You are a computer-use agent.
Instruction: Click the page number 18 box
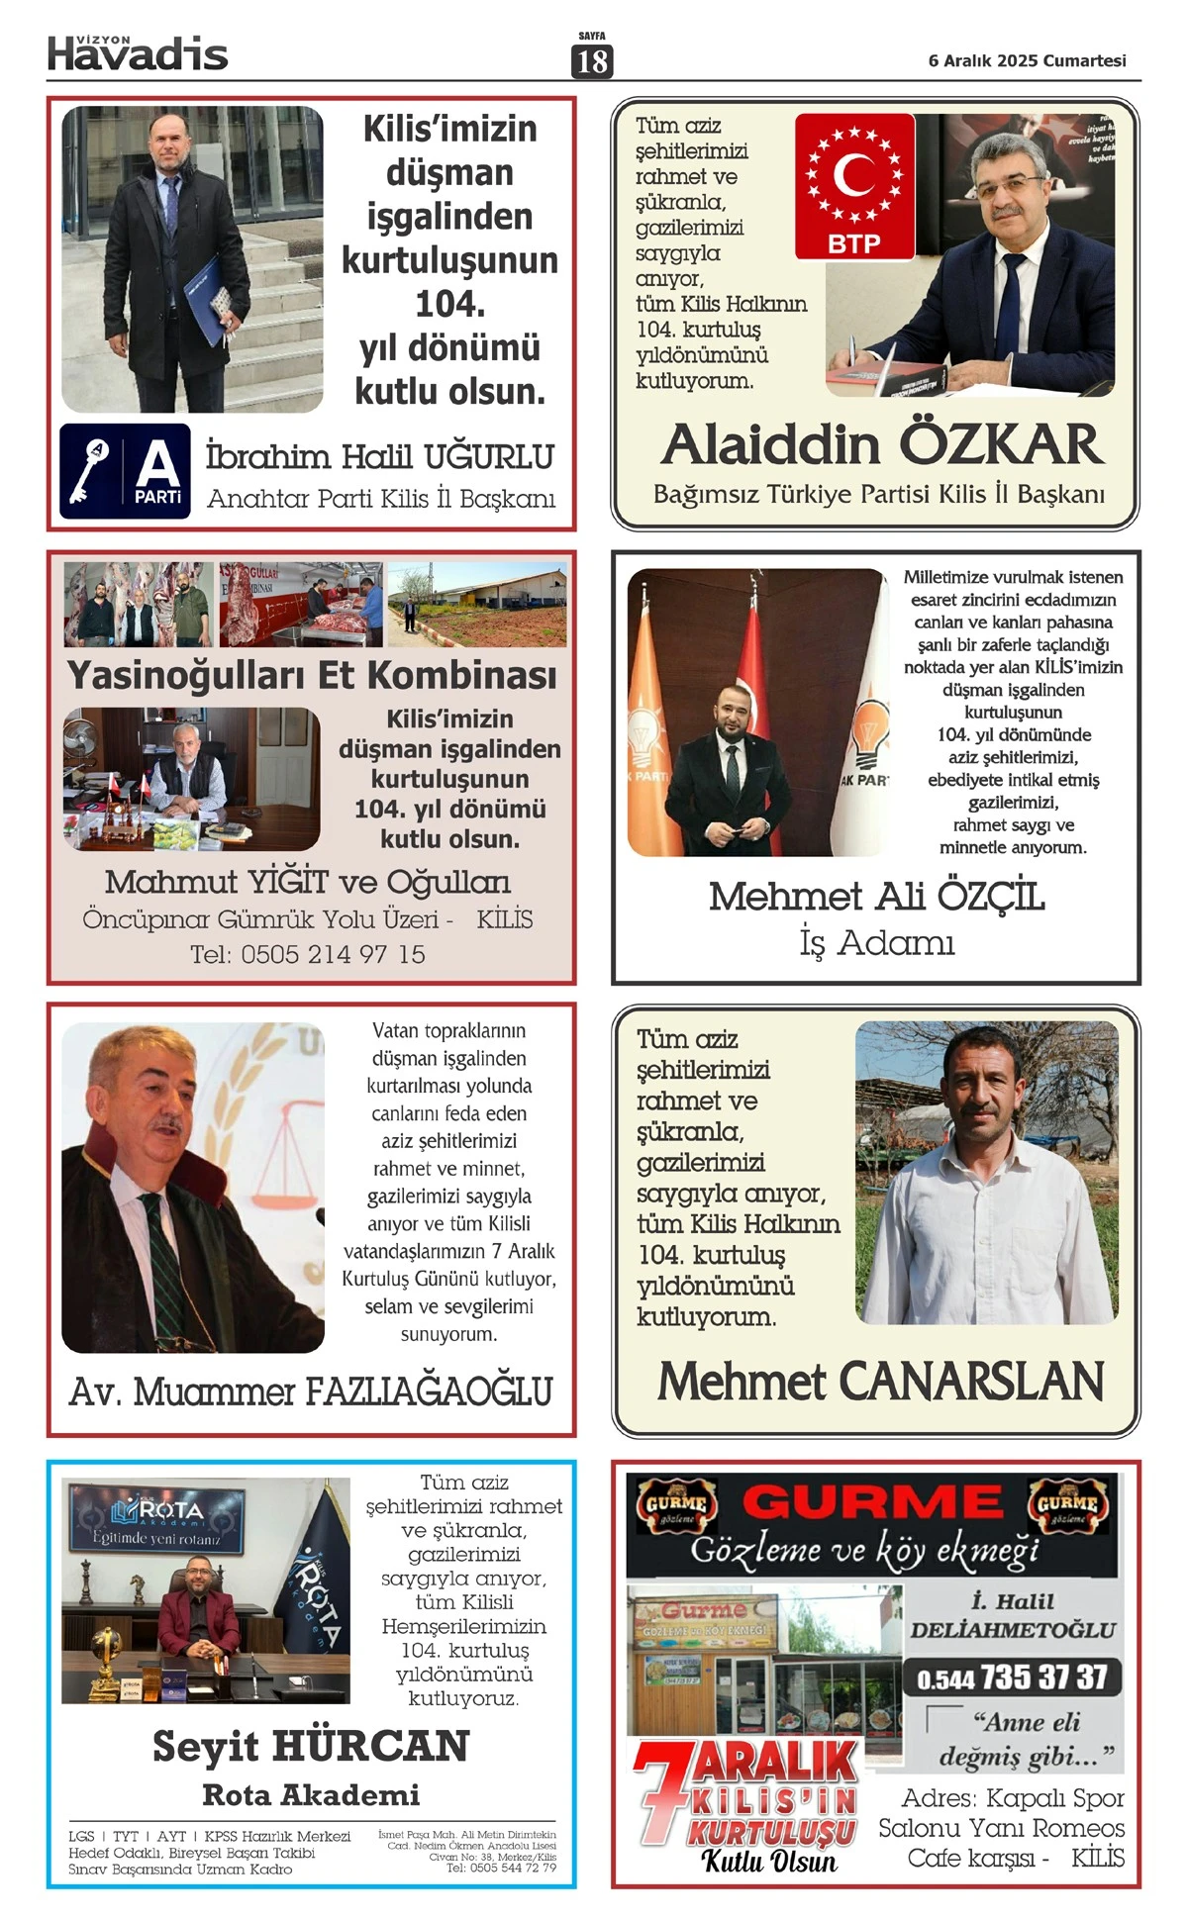click(x=592, y=61)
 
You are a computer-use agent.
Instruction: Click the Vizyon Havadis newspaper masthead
click(x=138, y=53)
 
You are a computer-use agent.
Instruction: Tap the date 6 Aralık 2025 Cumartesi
click(x=1027, y=60)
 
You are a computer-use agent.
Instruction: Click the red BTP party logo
click(x=854, y=186)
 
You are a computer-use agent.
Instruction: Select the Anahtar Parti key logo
click(x=125, y=471)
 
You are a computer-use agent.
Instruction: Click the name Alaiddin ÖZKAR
click(x=881, y=444)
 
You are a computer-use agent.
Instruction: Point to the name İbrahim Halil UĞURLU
click(x=380, y=457)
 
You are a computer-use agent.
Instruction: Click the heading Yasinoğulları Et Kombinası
click(x=312, y=675)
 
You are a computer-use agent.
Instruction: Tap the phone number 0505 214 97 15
click(x=333, y=954)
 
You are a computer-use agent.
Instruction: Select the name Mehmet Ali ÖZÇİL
click(x=876, y=897)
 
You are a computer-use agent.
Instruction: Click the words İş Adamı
click(x=876, y=942)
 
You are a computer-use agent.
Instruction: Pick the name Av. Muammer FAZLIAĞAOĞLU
click(x=311, y=1391)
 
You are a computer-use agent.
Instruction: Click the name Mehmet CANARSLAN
click(x=880, y=1382)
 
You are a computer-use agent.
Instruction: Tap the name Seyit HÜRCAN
click(x=311, y=1746)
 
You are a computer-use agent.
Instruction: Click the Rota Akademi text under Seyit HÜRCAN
click(x=311, y=1794)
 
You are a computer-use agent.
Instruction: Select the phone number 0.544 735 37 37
click(x=1012, y=1678)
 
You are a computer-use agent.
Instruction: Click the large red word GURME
click(x=872, y=1502)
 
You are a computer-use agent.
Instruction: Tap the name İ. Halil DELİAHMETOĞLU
click(x=1012, y=1615)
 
